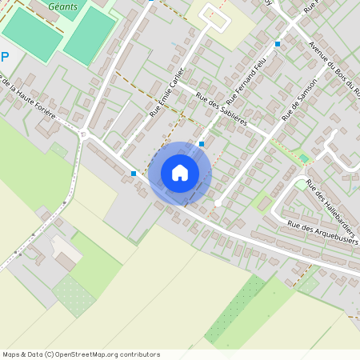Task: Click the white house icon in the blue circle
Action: [180, 173]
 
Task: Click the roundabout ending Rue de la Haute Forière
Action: [84, 134]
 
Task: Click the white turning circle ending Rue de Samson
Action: [217, 203]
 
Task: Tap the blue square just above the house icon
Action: [202, 144]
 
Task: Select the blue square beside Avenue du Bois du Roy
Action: [278, 44]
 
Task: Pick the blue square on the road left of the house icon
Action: [133, 173]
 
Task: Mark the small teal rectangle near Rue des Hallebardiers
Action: [303, 158]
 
